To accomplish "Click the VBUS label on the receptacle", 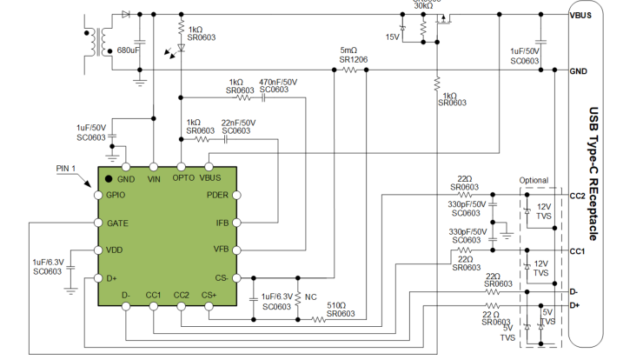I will click(x=580, y=14).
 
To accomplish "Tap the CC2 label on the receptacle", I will click(x=578, y=196).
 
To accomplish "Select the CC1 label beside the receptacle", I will click(x=578, y=251).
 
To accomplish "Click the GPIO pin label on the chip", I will click(x=116, y=196).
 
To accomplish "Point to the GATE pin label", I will click(x=117, y=223).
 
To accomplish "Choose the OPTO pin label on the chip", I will click(x=182, y=179).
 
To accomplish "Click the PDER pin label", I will click(x=217, y=196).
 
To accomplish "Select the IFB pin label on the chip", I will click(x=222, y=223).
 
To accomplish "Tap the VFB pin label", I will click(x=221, y=250).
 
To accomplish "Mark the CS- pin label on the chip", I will click(x=221, y=278).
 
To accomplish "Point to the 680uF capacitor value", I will click(x=128, y=50).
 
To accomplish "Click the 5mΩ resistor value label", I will click(x=349, y=50).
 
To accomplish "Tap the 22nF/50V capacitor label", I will click(x=238, y=123).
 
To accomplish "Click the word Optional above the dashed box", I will click(x=534, y=181).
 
